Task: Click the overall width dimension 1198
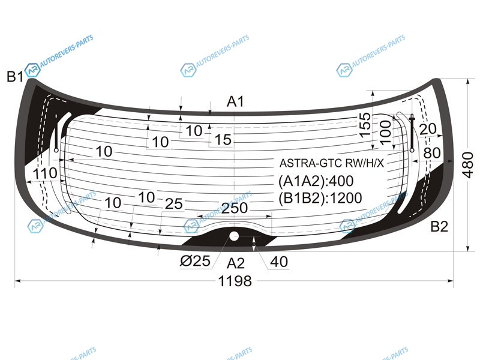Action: coord(235,281)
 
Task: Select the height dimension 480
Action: coord(468,164)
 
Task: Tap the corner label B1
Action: coord(15,77)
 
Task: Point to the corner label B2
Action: coord(439,227)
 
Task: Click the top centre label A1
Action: coord(235,101)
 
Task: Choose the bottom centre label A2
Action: coord(236,263)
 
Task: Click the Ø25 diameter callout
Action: coord(196,261)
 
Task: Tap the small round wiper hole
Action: coord(234,236)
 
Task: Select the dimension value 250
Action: coord(235,208)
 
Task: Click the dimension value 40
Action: coord(279,262)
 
